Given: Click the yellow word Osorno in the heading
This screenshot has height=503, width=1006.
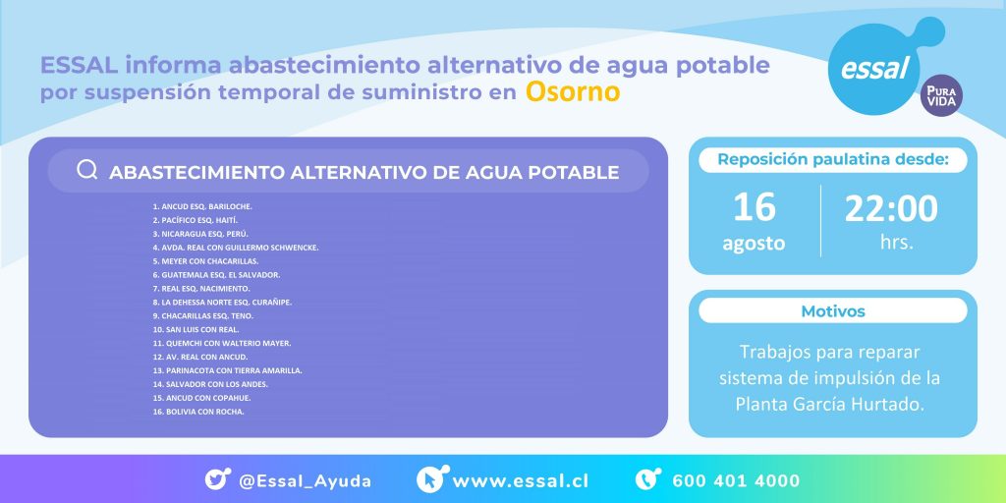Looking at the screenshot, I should point(573,92).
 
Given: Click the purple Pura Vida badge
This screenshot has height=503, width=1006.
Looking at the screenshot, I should point(941,96).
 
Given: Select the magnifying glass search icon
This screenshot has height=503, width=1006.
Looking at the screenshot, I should point(86,171).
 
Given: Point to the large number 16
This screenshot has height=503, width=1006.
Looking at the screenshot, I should point(754,207).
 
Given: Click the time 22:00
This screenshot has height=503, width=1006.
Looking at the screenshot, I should point(891,207).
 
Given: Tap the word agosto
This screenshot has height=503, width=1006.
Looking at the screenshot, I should point(754,243).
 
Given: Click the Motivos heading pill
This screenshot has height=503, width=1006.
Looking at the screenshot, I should point(832,311).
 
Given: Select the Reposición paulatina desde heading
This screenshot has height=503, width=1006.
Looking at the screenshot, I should point(832,159).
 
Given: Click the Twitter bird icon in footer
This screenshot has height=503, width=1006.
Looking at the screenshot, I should point(217,480).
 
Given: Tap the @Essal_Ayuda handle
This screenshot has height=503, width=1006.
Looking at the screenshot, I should point(305,481).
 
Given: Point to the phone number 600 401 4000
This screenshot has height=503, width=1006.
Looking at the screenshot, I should point(736,481).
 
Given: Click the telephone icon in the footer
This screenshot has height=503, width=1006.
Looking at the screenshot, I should point(648,480).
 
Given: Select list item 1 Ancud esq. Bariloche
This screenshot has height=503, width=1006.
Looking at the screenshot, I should point(202,206).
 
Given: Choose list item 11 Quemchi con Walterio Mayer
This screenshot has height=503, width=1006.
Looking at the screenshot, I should point(221,343).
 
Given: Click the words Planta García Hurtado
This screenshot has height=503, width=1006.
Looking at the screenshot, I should point(832,404).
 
